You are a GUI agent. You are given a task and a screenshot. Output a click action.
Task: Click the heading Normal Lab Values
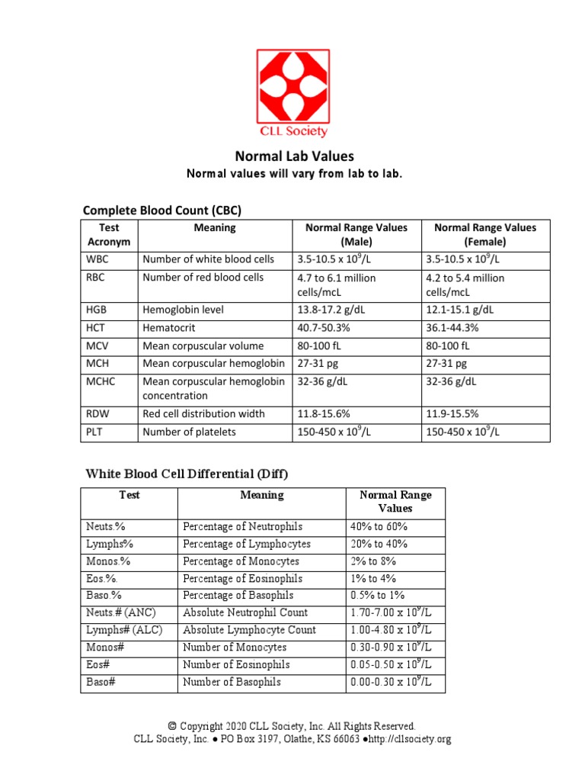[x=294, y=156]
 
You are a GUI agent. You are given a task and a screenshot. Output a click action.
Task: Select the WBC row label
[x=97, y=259]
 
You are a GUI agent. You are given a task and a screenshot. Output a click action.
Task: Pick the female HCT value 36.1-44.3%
[x=458, y=327]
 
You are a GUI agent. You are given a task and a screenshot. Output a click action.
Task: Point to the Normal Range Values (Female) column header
[x=484, y=234]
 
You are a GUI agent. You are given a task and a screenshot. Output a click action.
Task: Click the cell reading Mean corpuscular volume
[x=203, y=346]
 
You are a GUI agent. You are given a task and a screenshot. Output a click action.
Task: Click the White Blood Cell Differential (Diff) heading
[x=186, y=474]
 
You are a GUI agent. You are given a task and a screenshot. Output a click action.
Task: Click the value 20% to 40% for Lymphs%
[x=379, y=545]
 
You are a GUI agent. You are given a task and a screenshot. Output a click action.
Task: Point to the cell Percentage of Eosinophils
[x=242, y=579]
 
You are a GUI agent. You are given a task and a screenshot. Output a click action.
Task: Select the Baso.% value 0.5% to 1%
[x=378, y=596]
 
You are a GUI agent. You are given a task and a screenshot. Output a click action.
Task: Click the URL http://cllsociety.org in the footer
[x=409, y=739]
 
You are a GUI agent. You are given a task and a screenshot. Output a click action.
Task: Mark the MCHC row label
[x=101, y=381]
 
